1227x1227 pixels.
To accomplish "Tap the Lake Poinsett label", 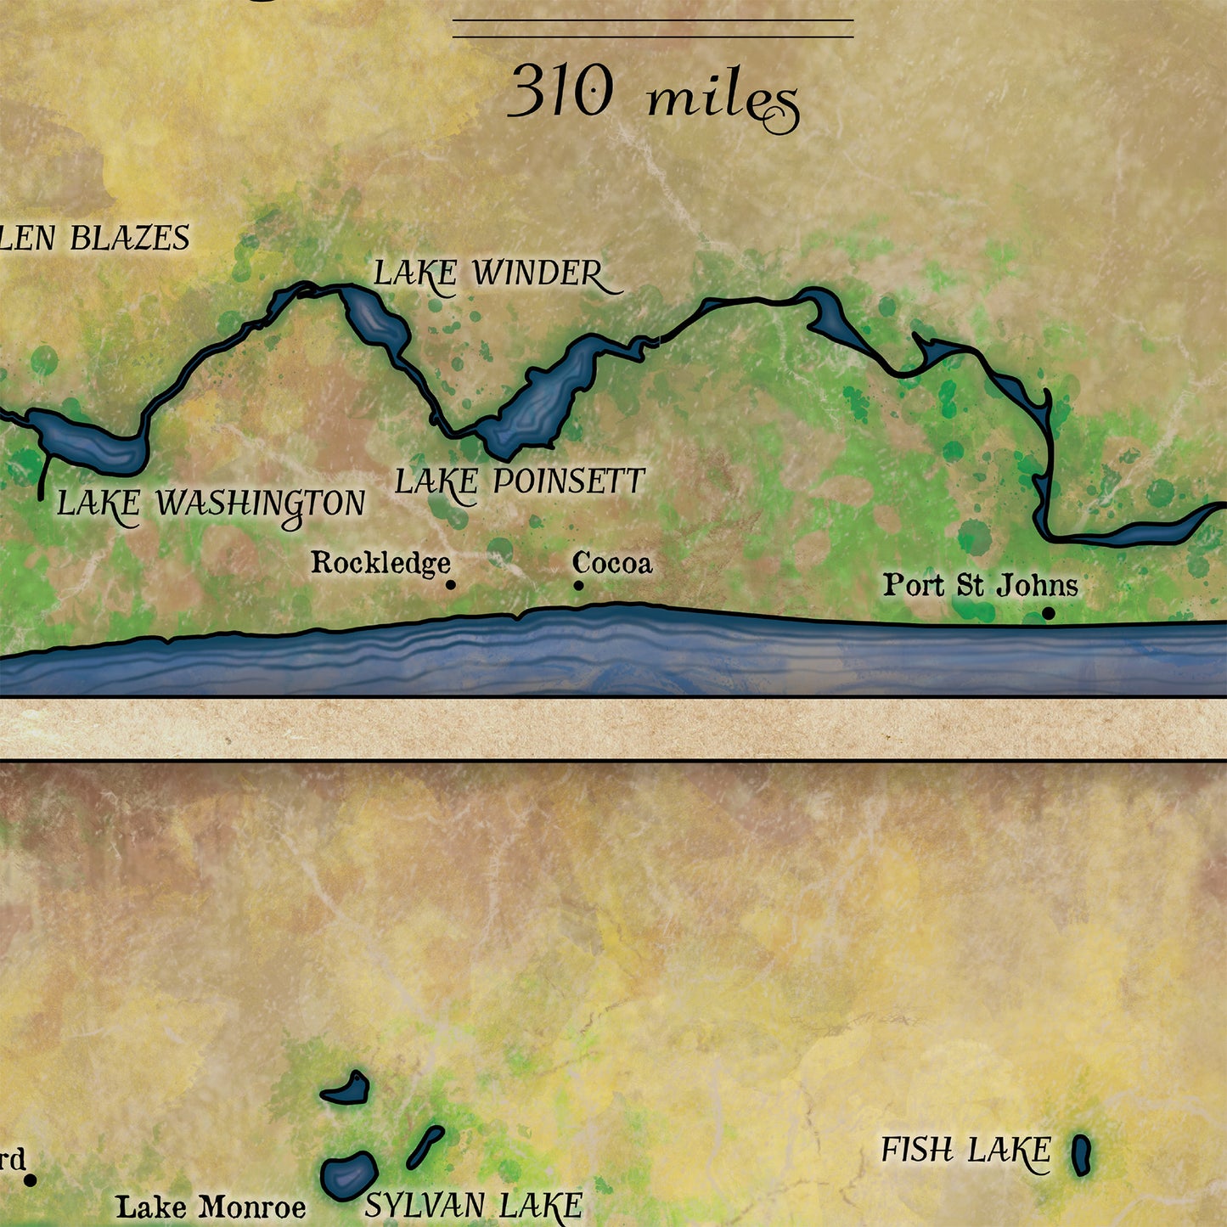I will (x=520, y=482).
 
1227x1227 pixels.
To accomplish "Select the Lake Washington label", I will (x=211, y=504).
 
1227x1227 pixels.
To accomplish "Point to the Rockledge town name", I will (x=380, y=562).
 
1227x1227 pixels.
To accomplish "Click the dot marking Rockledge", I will (x=451, y=584).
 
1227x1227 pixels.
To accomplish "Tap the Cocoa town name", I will (x=612, y=563).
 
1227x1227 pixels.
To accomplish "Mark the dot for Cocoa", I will (x=578, y=585).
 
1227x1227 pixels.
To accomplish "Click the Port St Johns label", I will (x=980, y=585).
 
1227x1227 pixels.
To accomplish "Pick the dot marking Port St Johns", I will (x=1049, y=613).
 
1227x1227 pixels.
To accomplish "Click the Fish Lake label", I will (x=966, y=1151).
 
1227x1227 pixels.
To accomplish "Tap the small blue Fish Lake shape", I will (x=1081, y=1155).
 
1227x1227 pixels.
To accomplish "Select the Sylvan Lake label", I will (x=474, y=1206).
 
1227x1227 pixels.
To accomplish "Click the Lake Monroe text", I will (x=211, y=1207).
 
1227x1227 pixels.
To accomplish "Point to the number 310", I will (x=560, y=92).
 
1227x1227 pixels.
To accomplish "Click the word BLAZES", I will (x=130, y=239).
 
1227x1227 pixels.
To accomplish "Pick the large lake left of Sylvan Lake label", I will (x=349, y=1176).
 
